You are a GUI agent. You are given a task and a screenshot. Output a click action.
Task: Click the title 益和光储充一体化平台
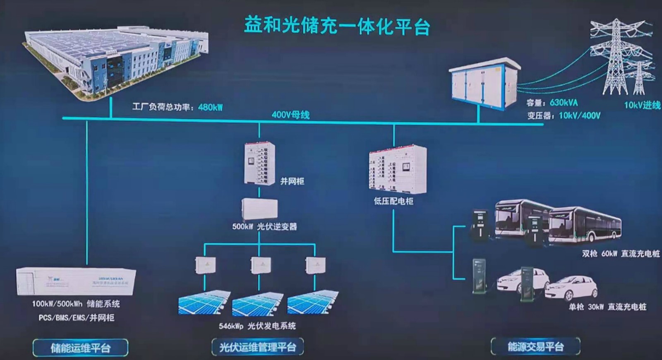click(337, 26)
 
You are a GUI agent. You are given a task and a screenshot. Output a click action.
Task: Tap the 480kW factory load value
click(210, 107)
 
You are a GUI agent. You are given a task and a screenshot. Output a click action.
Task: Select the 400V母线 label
click(290, 115)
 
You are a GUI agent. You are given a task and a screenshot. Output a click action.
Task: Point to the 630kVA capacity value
click(564, 103)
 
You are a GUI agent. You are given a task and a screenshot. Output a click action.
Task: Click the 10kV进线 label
click(642, 106)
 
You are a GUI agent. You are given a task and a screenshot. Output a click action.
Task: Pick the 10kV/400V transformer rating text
click(579, 115)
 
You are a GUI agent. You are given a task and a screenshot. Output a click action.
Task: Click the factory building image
click(116, 62)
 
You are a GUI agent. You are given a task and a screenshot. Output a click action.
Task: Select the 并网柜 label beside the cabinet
click(292, 181)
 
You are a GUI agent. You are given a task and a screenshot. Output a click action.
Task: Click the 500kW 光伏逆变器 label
click(265, 226)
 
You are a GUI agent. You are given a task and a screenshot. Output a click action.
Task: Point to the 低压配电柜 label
click(393, 201)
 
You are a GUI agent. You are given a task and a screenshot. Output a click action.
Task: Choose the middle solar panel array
click(257, 304)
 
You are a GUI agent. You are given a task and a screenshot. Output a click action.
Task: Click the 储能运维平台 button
click(80, 348)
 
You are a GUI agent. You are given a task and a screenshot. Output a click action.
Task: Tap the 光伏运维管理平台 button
click(257, 347)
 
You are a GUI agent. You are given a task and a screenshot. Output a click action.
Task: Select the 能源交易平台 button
click(535, 346)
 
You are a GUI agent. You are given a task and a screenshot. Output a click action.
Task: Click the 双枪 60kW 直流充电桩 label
click(621, 254)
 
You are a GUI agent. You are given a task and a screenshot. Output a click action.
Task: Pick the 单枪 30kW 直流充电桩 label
click(607, 307)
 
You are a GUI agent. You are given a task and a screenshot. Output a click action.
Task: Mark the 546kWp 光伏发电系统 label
click(257, 326)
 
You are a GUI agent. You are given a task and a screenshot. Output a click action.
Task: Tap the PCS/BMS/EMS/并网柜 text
click(76, 317)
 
